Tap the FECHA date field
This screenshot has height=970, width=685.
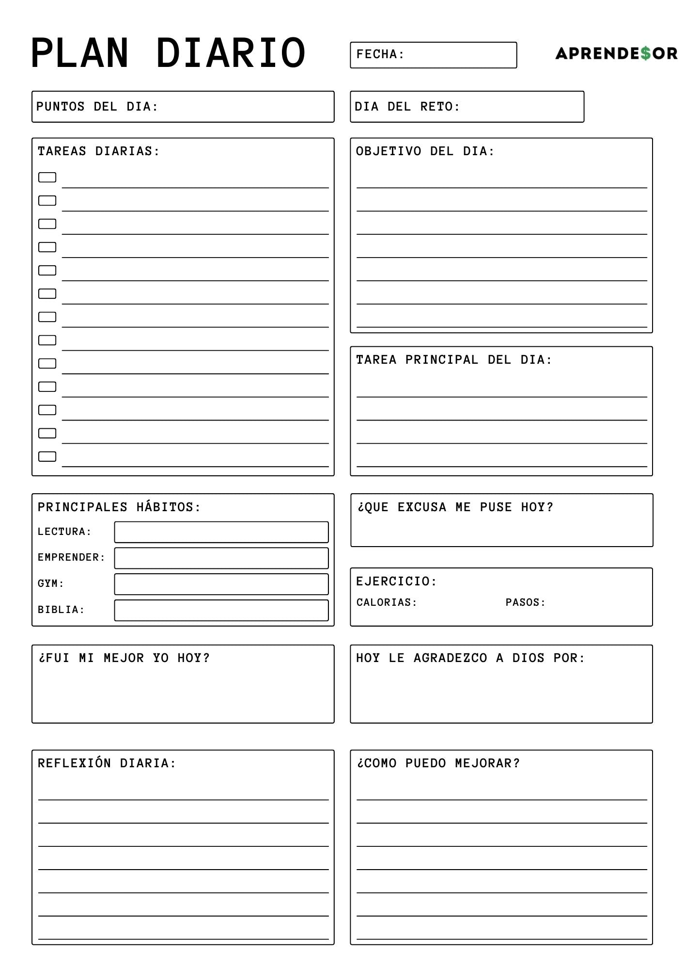433,55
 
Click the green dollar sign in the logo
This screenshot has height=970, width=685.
645,53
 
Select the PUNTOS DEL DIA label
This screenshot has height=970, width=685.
97,107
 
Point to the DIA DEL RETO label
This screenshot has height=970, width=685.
407,107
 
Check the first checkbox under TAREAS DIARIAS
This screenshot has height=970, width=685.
47,178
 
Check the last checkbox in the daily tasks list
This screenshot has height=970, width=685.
47,456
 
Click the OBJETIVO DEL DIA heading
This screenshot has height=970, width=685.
425,151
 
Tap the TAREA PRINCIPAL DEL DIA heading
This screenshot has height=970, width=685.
454,360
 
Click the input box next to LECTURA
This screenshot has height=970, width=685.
221,532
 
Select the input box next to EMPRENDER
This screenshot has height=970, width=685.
221,558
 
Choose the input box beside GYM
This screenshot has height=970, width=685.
221,584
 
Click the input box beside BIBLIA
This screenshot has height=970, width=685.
221,611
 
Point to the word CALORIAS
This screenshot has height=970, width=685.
386,602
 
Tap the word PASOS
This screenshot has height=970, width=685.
525,602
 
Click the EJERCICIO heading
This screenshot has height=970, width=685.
396,582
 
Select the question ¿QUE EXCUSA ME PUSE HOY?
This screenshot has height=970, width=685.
455,507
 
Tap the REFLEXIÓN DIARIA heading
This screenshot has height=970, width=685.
107,763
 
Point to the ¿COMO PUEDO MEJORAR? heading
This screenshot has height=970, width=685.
438,763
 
